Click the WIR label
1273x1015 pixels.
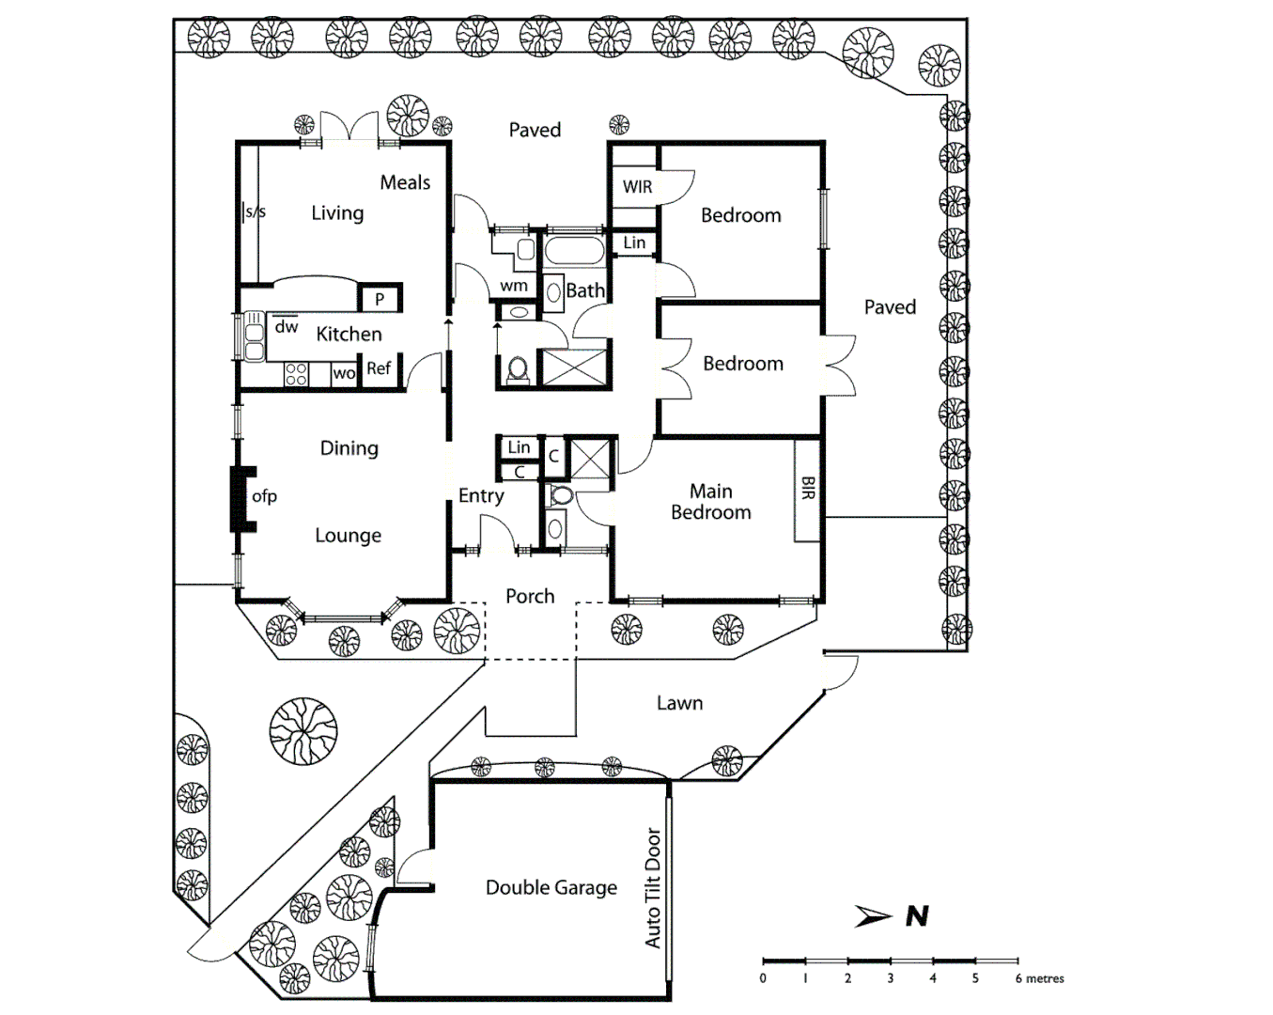coord(637,187)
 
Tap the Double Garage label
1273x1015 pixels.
coord(551,887)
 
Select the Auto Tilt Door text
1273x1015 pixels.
coord(654,887)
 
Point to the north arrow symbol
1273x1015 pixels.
coord(874,916)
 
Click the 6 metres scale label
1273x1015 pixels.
coord(1039,978)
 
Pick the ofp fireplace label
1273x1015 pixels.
coord(264,496)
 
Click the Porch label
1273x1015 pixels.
coord(530,596)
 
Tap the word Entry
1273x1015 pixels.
coord(481,495)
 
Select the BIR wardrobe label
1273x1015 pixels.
coord(808,488)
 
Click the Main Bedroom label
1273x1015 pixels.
coord(711,502)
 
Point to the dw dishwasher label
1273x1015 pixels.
coord(287,327)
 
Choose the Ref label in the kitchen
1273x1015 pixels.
coord(379,368)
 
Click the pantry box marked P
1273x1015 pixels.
coord(380,300)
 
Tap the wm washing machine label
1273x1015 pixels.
coord(514,286)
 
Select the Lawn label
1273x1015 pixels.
coord(679,703)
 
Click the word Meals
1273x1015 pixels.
coord(405,182)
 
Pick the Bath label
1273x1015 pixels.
coord(585,290)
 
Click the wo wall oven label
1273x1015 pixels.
coord(344,374)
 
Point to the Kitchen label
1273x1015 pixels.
coord(349,334)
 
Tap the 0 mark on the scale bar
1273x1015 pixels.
coord(763,977)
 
